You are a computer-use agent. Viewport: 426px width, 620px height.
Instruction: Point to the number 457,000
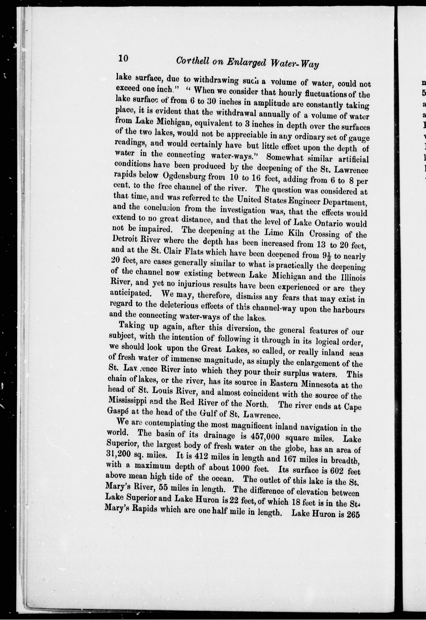(266, 437)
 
